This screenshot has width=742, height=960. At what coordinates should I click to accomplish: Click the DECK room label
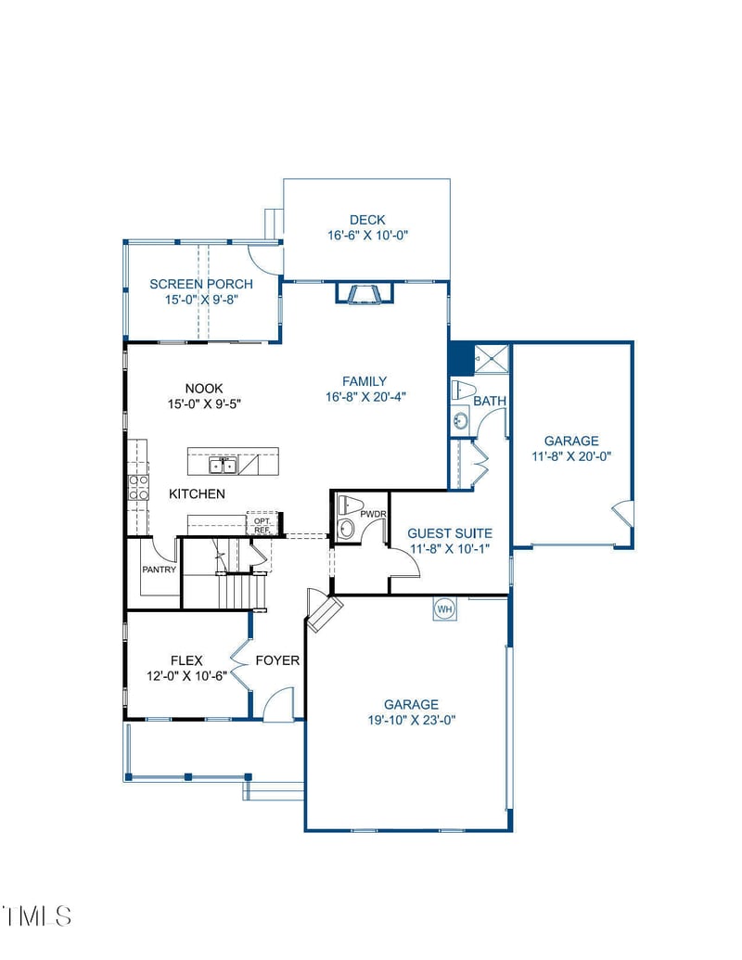pos(367,220)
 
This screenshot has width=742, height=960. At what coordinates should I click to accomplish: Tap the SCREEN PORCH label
pos(200,284)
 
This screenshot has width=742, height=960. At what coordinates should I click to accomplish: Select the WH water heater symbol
pos(443,608)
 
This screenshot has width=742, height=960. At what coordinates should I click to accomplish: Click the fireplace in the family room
pos(365,294)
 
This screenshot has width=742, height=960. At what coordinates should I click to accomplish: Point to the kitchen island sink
pos(222,464)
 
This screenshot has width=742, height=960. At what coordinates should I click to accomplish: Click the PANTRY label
pos(159,570)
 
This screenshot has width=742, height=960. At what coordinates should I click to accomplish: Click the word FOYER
pos(277,660)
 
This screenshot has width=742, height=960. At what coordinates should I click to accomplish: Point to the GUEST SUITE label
pos(450,533)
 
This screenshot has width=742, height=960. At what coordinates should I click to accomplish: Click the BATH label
pos(490,402)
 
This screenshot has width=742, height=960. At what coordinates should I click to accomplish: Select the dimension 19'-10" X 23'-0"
pos(411,720)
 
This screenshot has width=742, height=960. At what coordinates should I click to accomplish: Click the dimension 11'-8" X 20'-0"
pos(571,456)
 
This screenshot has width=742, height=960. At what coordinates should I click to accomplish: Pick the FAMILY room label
pos(365,381)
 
